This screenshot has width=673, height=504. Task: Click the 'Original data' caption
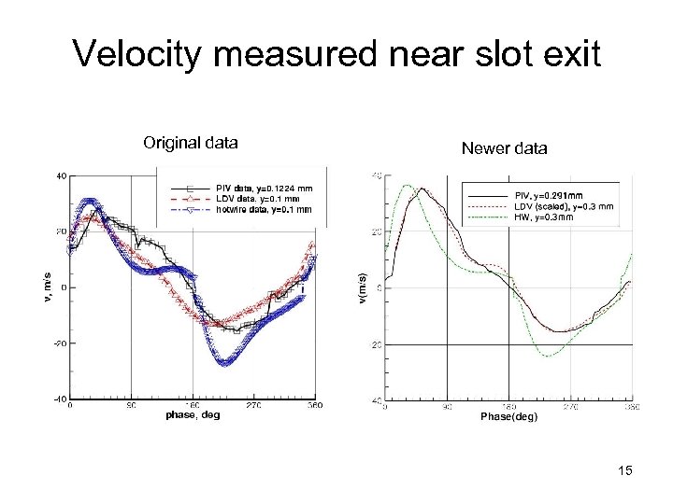pyautogui.click(x=191, y=143)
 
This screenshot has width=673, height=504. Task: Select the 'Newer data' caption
pyautogui.click(x=505, y=148)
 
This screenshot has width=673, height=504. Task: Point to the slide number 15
pyautogui.click(x=625, y=471)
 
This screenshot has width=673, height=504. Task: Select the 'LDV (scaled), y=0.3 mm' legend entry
pyautogui.click(x=565, y=206)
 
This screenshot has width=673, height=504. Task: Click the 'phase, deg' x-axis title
pyautogui.click(x=193, y=415)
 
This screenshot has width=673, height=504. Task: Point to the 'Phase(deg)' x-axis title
pyautogui.click(x=508, y=417)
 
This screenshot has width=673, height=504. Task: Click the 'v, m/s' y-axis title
pyautogui.click(x=49, y=287)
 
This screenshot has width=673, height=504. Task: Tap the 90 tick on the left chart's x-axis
pyautogui.click(x=132, y=406)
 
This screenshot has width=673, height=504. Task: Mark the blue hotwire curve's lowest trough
pyautogui.click(x=224, y=363)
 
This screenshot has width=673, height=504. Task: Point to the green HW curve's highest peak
pyautogui.click(x=408, y=186)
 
